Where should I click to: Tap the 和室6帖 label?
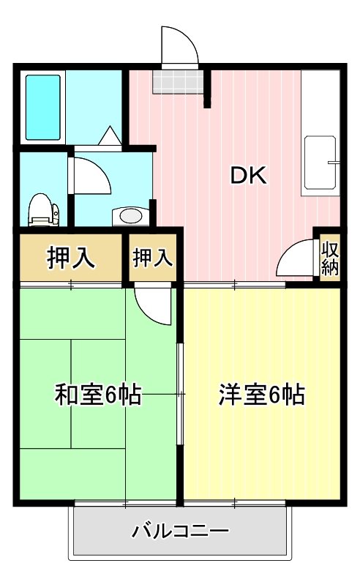pyautogui.click(x=97, y=396)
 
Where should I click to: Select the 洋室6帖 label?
pyautogui.click(x=261, y=396)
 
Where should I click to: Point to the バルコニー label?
pyautogui.click(x=181, y=531)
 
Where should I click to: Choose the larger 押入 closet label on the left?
pyautogui.click(x=70, y=258)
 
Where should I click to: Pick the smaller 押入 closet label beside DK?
pyautogui.click(x=153, y=258)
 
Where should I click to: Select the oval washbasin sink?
pyautogui.click(x=131, y=216)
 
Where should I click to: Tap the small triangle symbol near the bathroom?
pyautogui.click(x=109, y=135)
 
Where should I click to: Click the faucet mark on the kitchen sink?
pyautogui.click(x=333, y=160)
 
